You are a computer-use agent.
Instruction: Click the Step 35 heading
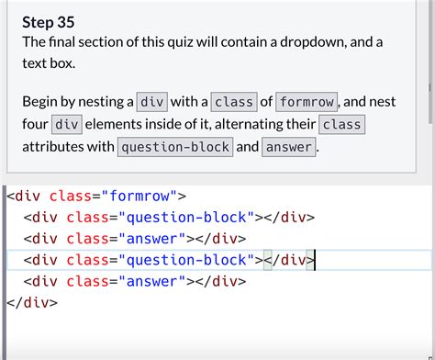coord(49,21)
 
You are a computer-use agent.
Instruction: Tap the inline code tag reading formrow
coord(307,102)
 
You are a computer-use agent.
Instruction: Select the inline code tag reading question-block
coord(174,146)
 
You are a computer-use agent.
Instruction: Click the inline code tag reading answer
coord(289,146)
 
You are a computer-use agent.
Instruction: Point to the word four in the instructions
coord(35,124)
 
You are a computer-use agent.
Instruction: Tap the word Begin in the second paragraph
coord(41,102)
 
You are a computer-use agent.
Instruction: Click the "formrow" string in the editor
coord(143,196)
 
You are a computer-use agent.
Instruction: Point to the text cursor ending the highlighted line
coord(316,260)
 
